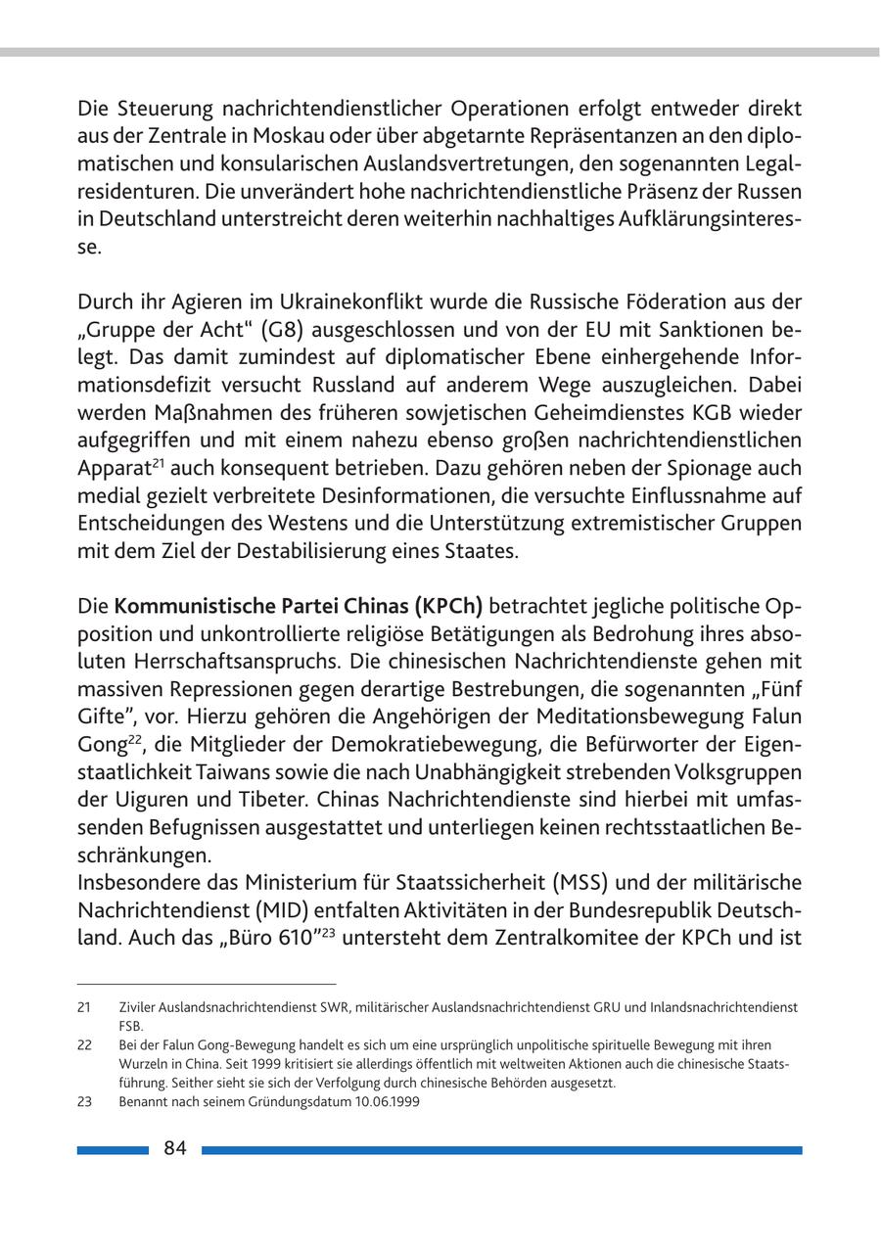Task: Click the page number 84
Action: point(175,1148)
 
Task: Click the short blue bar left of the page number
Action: point(113,1150)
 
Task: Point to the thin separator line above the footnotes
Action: point(207,984)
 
